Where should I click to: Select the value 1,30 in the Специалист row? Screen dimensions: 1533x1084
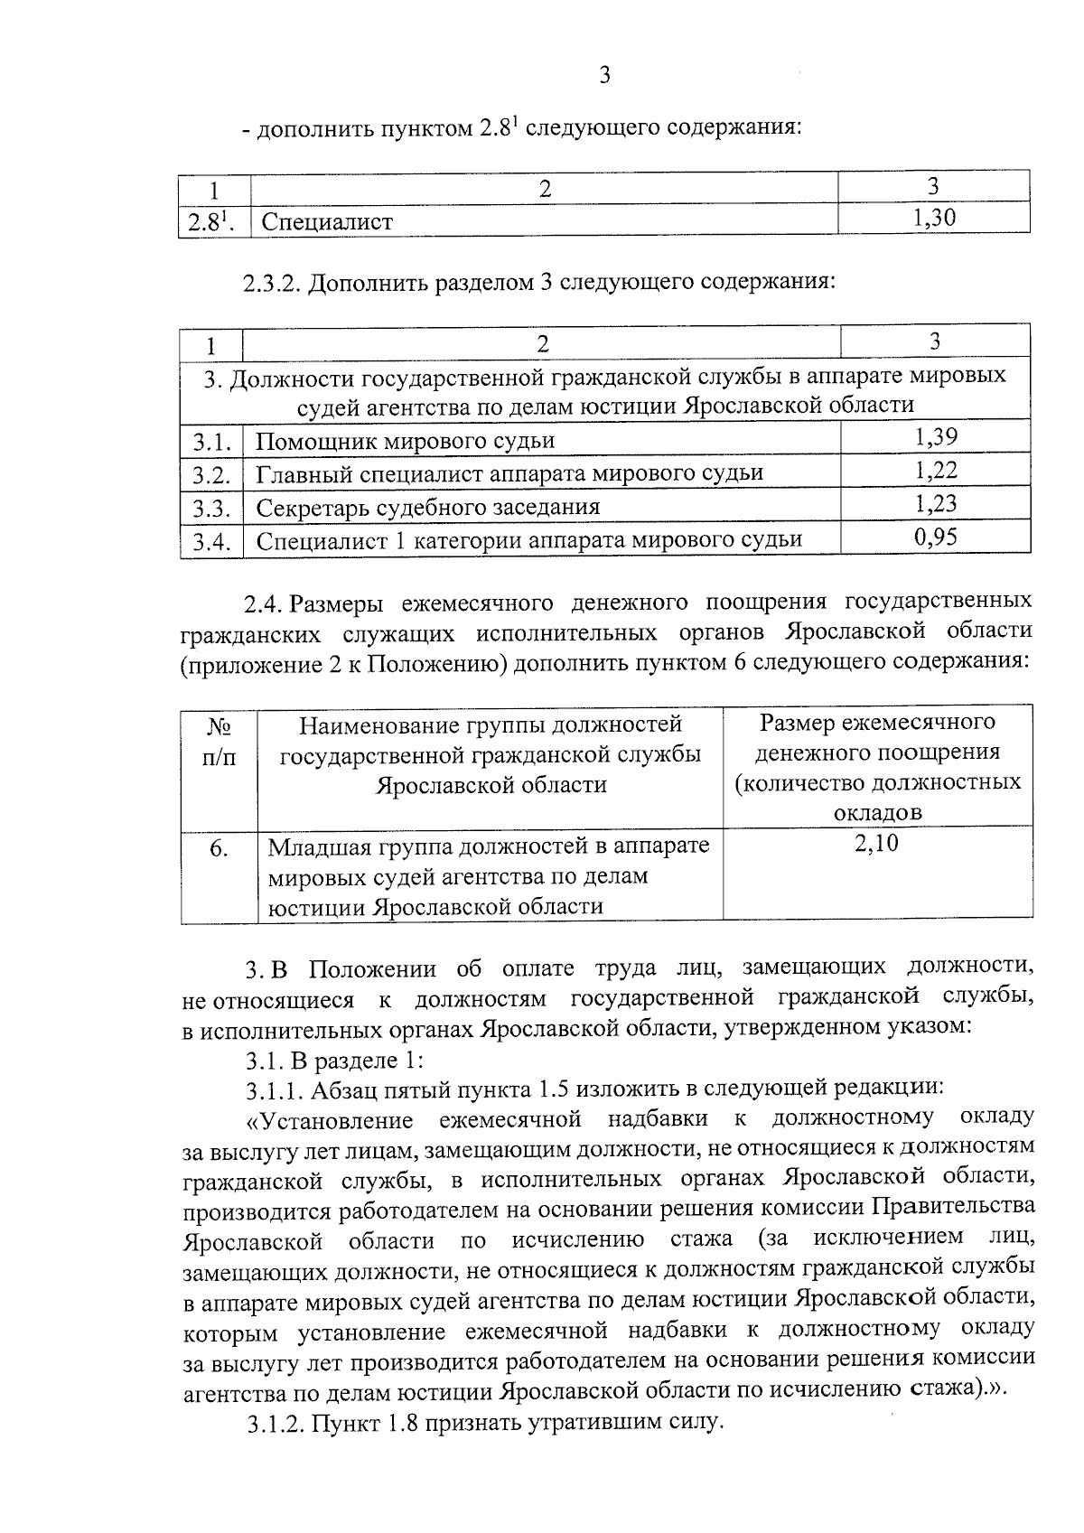click(934, 218)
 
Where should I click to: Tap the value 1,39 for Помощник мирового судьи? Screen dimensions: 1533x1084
click(935, 438)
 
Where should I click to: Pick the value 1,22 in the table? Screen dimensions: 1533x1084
click(935, 471)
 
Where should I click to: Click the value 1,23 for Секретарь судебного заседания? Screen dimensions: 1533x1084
click(935, 504)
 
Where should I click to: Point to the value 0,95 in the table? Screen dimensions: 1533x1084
click(935, 538)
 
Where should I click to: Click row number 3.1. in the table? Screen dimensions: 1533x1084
click(211, 442)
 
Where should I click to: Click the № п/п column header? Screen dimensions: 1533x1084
click(219, 741)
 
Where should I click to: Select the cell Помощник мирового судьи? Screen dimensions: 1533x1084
click(405, 442)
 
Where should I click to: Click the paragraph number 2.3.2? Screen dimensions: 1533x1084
click(271, 284)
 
